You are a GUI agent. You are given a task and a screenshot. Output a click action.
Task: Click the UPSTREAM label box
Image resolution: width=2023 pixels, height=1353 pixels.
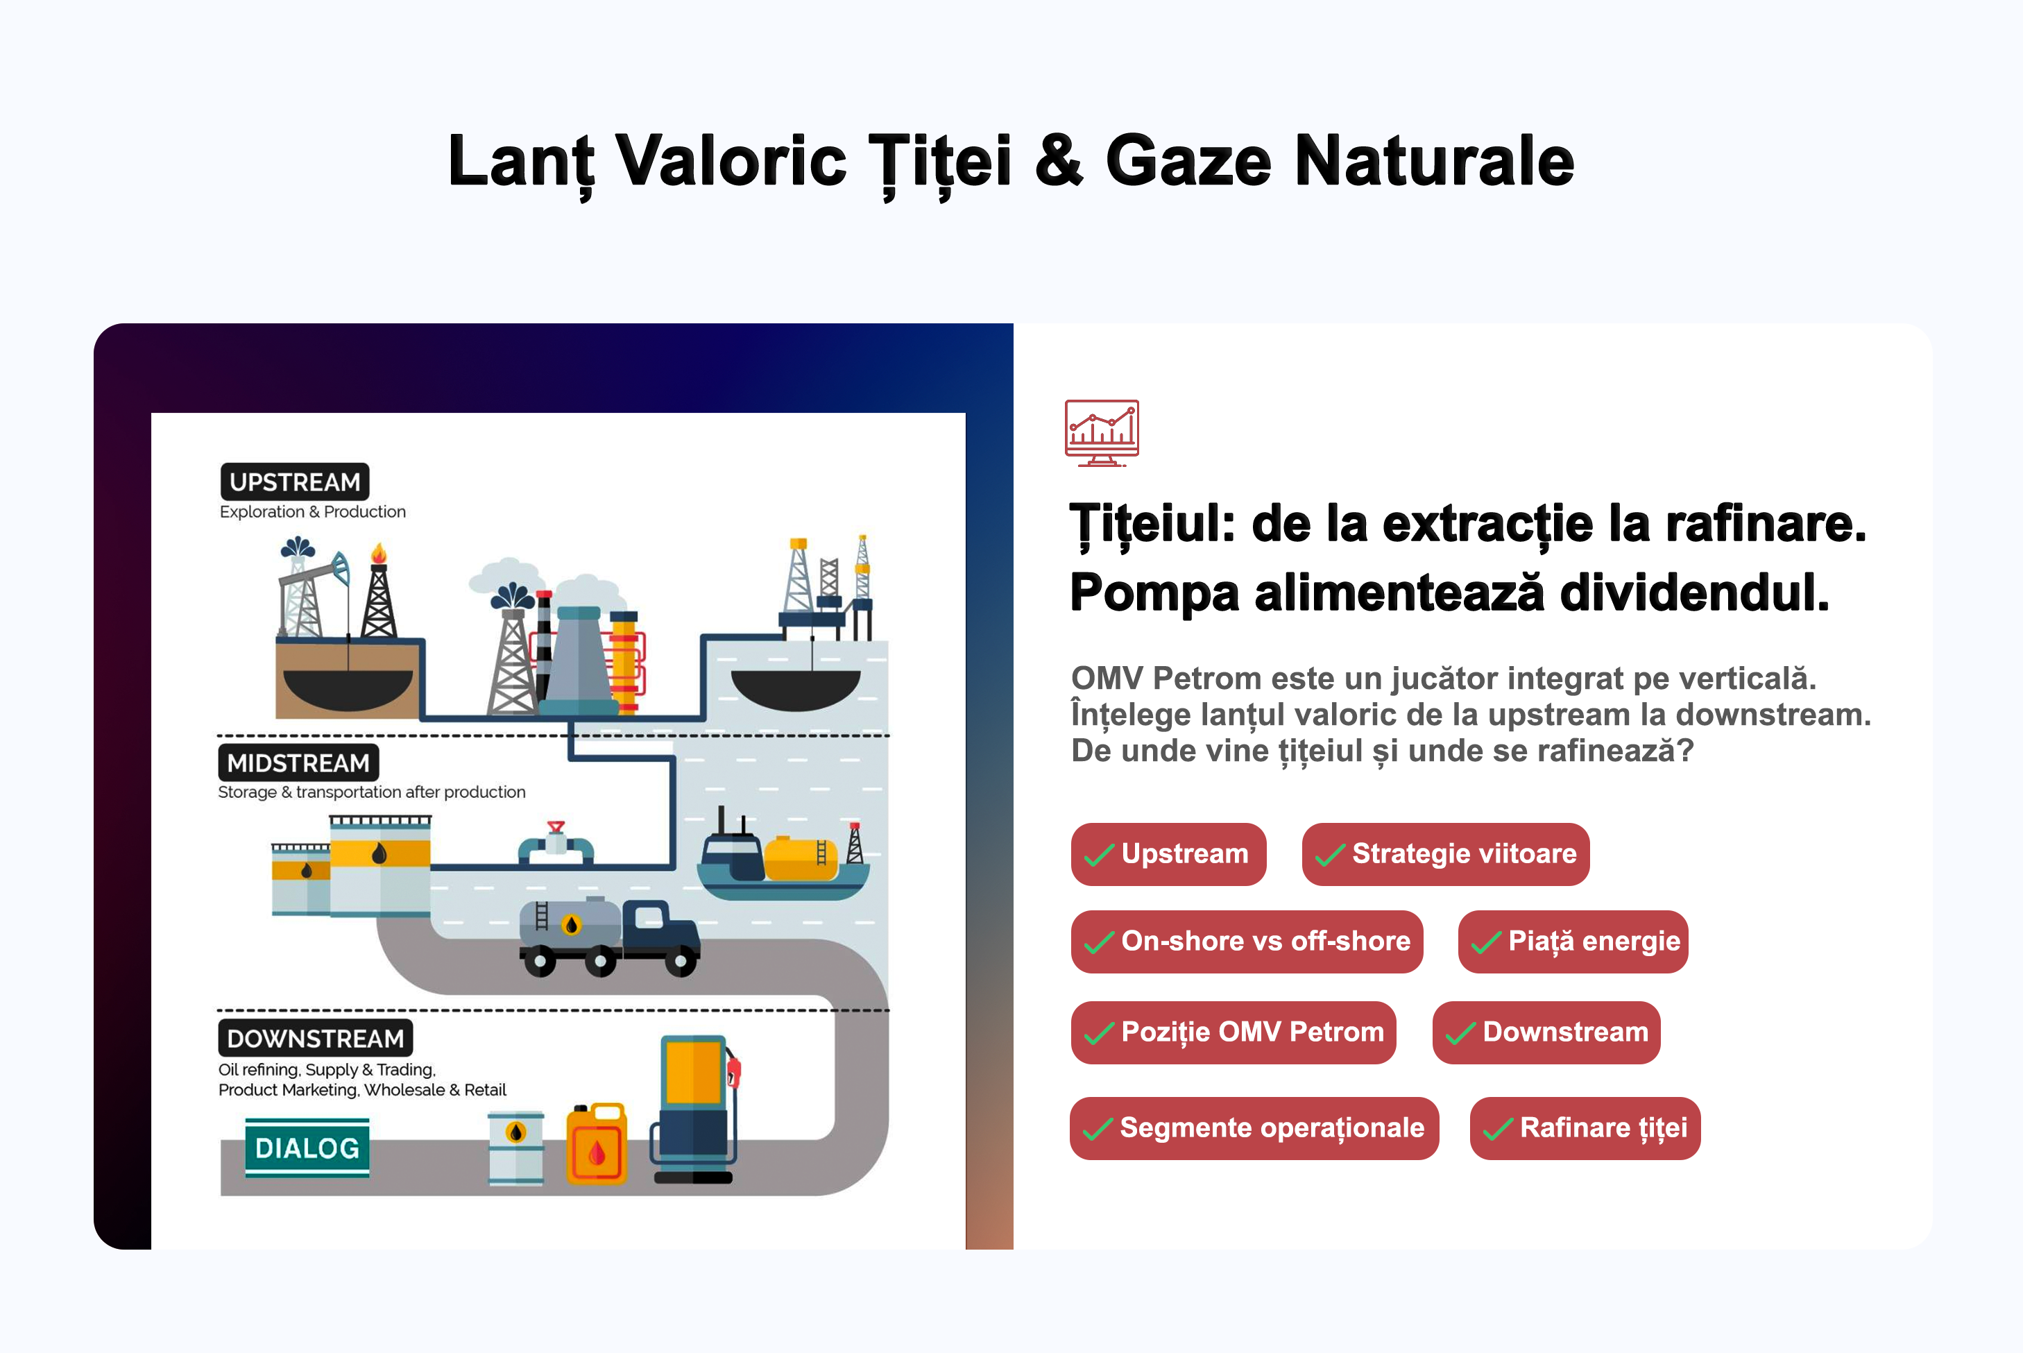tap(295, 482)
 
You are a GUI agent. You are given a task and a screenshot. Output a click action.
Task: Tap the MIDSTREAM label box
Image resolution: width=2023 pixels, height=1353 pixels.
tap(298, 763)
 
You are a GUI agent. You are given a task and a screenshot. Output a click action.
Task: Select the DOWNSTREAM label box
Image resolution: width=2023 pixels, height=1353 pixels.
tap(315, 1038)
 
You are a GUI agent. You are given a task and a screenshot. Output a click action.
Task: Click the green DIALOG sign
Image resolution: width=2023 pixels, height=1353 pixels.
tap(307, 1148)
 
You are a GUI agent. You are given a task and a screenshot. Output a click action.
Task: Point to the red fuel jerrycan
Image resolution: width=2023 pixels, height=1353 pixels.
tap(596, 1144)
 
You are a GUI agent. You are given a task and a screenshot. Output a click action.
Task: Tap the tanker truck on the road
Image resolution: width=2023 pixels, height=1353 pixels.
tap(609, 937)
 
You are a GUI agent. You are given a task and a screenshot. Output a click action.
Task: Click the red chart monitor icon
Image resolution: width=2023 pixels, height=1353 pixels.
tap(1102, 433)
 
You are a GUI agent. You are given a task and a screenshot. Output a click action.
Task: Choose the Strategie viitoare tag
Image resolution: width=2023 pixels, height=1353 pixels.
tap(1445, 854)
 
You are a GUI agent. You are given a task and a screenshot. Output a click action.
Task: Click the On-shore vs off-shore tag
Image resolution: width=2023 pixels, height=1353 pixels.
tap(1247, 942)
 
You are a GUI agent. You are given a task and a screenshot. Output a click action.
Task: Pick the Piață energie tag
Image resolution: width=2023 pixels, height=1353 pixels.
tap(1573, 942)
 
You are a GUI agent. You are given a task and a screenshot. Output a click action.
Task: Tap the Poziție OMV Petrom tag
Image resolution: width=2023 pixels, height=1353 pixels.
tap(1234, 1032)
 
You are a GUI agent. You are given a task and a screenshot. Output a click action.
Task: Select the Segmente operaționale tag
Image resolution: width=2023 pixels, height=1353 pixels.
tap(1254, 1127)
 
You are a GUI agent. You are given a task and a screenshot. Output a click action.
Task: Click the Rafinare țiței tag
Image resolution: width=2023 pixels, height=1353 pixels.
tap(1585, 1127)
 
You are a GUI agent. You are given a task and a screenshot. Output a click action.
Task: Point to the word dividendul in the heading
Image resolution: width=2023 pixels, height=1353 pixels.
tap(1694, 594)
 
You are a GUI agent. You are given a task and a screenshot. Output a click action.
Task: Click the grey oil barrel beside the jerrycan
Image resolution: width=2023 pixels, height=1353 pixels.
tap(516, 1148)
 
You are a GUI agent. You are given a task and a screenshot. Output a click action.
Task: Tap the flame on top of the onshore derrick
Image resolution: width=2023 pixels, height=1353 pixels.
tap(378, 552)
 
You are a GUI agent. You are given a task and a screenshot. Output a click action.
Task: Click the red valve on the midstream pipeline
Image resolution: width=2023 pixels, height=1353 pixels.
tap(556, 826)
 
